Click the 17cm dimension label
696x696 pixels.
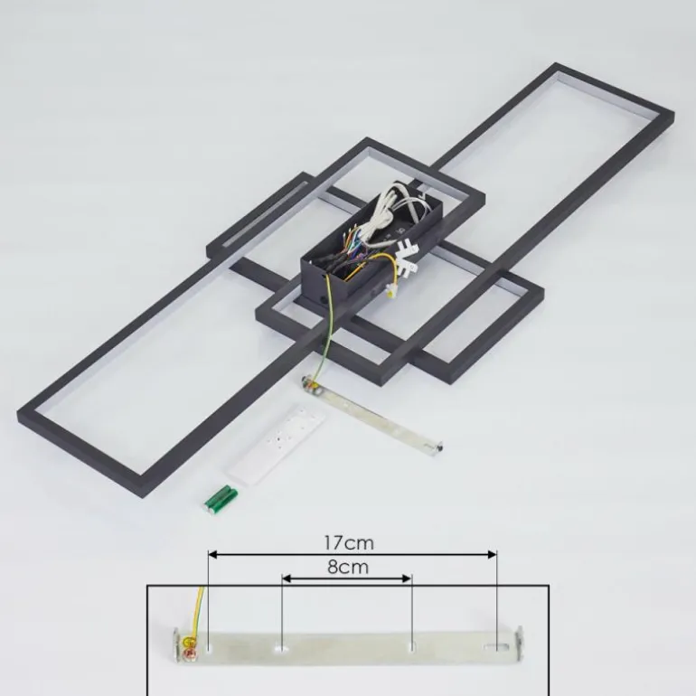(349, 542)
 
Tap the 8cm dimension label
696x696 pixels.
(348, 567)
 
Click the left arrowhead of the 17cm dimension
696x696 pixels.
(212, 554)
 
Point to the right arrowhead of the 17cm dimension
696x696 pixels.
(492, 554)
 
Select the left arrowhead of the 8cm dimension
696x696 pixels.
(287, 578)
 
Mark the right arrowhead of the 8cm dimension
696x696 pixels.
(407, 578)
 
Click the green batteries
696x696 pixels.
(221, 500)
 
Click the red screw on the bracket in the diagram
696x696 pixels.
(192, 654)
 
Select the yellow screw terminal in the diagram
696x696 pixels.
(189, 642)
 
